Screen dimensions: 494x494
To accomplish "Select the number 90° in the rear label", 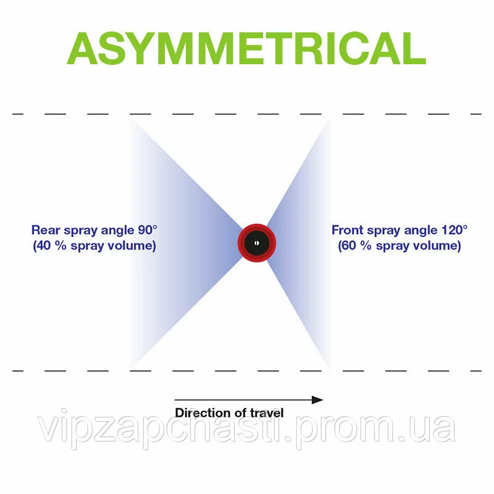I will click(146, 230).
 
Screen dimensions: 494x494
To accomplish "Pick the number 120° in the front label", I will click(454, 230).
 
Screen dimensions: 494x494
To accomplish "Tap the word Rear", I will click(44, 230).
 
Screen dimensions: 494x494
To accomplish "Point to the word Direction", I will click(202, 413).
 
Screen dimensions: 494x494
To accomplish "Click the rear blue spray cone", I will click(179, 241).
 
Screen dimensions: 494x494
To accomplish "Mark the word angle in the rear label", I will click(115, 230).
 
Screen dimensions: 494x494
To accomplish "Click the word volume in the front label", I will click(438, 246).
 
